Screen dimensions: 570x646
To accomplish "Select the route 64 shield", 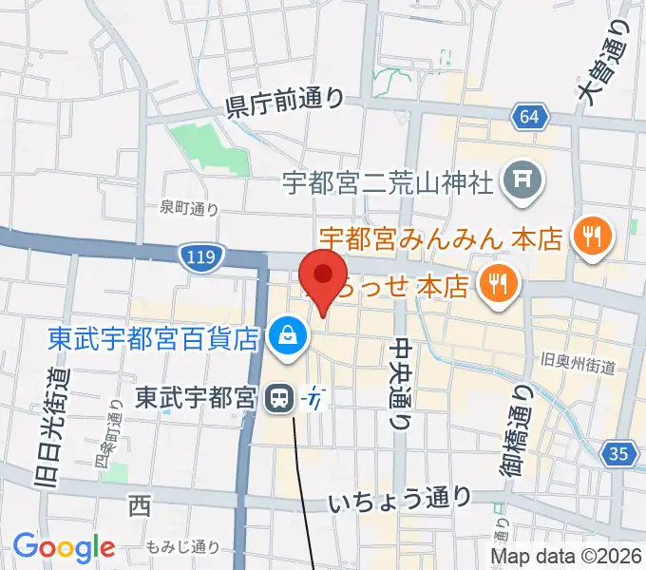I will (531, 117).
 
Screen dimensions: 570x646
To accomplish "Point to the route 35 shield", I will (619, 454).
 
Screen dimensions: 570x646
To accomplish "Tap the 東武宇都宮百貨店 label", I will (153, 337).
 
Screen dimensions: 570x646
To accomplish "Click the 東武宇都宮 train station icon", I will (279, 398).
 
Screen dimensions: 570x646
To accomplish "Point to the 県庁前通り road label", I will (283, 104).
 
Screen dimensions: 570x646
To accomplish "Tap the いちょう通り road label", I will (400, 499).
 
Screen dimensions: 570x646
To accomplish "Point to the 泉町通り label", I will (188, 209).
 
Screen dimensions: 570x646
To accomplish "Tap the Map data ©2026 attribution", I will (566, 557).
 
